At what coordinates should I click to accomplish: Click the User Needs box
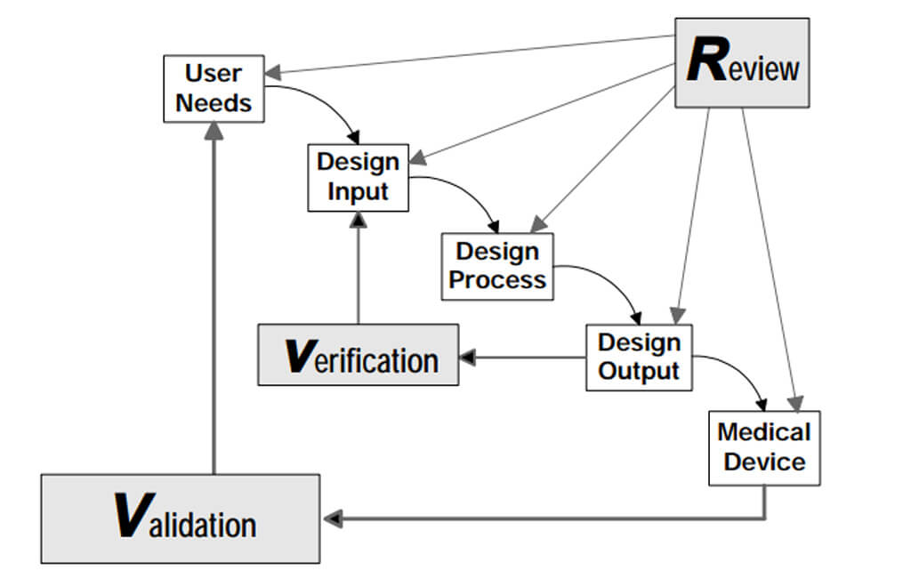tap(214, 89)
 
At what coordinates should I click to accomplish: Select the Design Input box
tap(358, 177)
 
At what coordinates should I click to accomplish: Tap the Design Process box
tap(497, 266)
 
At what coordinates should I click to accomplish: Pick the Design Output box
tap(639, 357)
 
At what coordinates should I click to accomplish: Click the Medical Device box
tap(764, 447)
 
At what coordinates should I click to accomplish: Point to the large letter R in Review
tap(708, 63)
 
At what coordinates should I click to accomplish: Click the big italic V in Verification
tap(298, 356)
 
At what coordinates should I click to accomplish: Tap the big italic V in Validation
tap(132, 519)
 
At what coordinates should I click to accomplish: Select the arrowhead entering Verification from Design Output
tap(468, 358)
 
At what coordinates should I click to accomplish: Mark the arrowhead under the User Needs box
tap(214, 131)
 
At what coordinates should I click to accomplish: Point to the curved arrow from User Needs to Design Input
tap(329, 102)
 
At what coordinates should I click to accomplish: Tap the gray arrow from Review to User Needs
tap(472, 55)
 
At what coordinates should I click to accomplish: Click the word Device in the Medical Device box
tap(764, 462)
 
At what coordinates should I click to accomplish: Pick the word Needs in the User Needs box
tap(214, 103)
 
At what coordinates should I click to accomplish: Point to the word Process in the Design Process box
tap(497, 280)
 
